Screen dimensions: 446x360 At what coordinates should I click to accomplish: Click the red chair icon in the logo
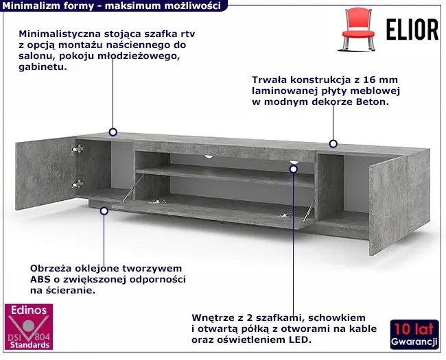(358, 30)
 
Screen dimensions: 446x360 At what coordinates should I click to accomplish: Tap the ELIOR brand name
(412, 29)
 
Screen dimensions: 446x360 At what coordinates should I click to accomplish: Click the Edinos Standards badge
(29, 326)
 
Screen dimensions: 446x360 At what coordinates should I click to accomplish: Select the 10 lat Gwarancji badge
(414, 335)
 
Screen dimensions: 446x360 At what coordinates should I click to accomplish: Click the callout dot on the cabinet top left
(113, 132)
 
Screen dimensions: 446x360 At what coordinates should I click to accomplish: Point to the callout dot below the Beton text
(333, 143)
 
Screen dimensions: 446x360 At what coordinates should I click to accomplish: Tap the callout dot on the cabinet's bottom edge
(104, 211)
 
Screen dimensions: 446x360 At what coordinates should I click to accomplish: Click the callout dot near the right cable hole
(294, 169)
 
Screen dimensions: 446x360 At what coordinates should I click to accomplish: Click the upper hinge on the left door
(78, 149)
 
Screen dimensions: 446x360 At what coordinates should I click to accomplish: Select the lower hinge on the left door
(78, 184)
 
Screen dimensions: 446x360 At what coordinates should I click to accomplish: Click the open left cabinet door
(45, 173)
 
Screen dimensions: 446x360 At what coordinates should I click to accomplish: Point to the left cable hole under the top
(209, 156)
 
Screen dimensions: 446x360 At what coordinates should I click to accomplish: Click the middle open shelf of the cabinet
(224, 176)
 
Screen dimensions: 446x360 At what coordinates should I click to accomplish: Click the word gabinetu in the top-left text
(43, 67)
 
